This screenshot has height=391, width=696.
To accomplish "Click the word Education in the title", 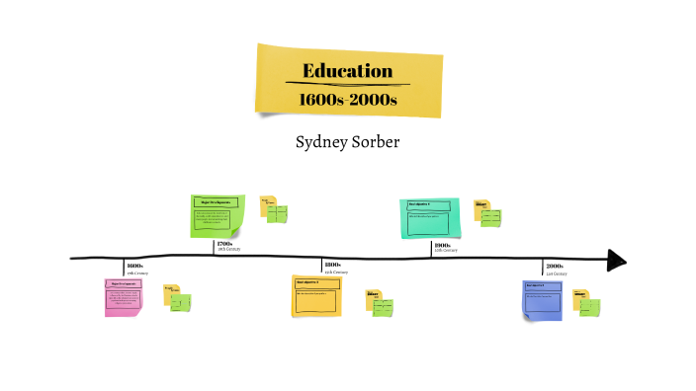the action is (348, 71).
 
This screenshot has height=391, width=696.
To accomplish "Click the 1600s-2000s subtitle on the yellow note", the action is (348, 100).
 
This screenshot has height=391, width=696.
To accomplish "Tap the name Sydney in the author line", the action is (323, 142).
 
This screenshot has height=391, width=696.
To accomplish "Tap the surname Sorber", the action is (377, 142).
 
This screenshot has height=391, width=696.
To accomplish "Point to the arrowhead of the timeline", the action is (617, 260).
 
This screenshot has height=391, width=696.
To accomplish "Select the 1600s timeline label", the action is (135, 266).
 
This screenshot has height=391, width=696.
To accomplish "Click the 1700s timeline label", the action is (224, 244).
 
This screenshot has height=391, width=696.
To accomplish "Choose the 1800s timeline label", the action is (332, 266).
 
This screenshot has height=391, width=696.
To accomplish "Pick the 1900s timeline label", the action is (442, 245).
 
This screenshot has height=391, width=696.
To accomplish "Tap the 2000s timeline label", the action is (554, 266).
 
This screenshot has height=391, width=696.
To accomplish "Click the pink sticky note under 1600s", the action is (124, 297).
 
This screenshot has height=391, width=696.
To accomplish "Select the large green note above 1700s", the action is (217, 216).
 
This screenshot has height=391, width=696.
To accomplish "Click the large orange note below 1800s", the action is (316, 295).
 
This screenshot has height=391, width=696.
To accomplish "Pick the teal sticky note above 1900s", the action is (427, 217).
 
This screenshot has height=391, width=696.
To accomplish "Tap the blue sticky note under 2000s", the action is (547, 300).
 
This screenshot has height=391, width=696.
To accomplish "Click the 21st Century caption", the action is (556, 273).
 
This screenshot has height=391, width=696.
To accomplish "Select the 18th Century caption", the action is (228, 251).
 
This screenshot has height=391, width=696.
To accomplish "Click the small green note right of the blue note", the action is (590, 306).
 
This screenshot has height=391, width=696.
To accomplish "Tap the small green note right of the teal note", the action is (489, 217).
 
